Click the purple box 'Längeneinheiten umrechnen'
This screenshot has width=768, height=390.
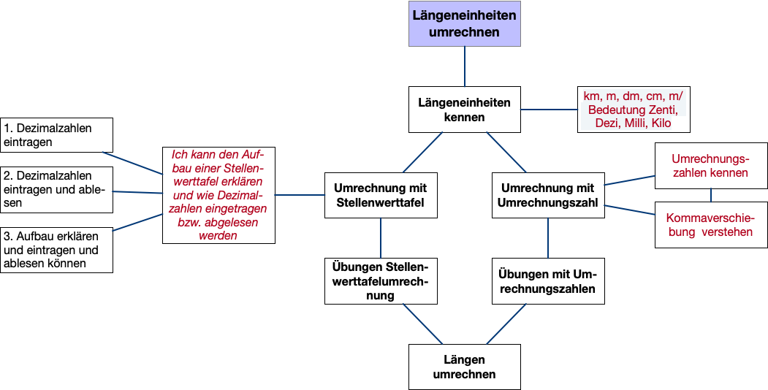pyautogui.click(x=465, y=24)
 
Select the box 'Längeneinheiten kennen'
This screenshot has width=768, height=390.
pyautogui.click(x=465, y=110)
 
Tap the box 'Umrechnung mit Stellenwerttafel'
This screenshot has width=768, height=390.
pyautogui.click(x=381, y=195)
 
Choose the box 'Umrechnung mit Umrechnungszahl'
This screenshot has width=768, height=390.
pyautogui.click(x=548, y=195)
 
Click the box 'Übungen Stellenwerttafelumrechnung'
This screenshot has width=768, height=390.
pyautogui.click(x=381, y=280)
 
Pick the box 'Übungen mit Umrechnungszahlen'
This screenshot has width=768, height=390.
pyautogui.click(x=548, y=280)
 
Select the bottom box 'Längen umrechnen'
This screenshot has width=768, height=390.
pyautogui.click(x=465, y=367)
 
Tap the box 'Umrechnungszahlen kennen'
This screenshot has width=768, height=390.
pyautogui.click(x=711, y=166)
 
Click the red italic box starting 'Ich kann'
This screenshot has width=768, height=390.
pyautogui.click(x=218, y=195)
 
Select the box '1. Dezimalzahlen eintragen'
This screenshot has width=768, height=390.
pyautogui.click(x=57, y=135)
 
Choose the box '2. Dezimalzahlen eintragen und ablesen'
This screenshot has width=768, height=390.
pyautogui.click(x=57, y=190)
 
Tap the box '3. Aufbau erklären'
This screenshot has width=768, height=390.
pyautogui.click(x=57, y=250)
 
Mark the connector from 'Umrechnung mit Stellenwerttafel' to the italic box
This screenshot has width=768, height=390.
pyautogui.click(x=300, y=195)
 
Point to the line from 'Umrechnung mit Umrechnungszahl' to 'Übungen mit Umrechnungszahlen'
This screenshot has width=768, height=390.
pyautogui.click(x=548, y=237)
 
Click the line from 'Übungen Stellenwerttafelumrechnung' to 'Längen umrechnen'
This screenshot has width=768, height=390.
pyautogui.click(x=422, y=324)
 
